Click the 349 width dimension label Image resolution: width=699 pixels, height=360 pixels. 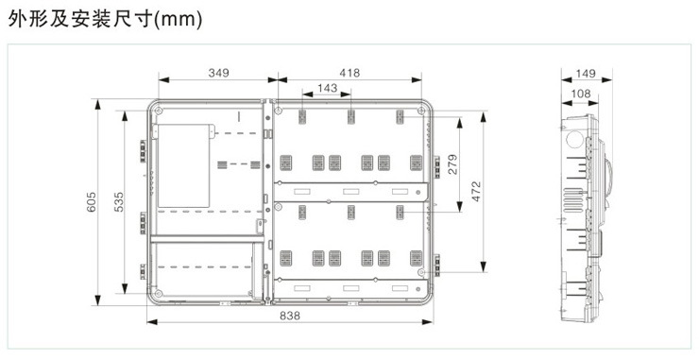pyautogui.click(x=218, y=73)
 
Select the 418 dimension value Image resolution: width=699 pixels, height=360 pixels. pyautogui.click(x=349, y=73)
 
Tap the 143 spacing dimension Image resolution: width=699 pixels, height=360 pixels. pyautogui.click(x=327, y=88)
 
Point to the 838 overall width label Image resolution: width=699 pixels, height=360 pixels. pyautogui.click(x=290, y=316)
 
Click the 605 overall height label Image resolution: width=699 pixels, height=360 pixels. pyautogui.click(x=92, y=202)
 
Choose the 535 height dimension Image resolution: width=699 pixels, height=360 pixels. pyautogui.click(x=119, y=202)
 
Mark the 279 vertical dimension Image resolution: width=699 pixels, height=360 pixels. pyautogui.click(x=452, y=164)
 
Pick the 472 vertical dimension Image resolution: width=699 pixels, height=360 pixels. pyautogui.click(x=476, y=191)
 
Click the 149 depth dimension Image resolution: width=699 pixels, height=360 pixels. pyautogui.click(x=586, y=73)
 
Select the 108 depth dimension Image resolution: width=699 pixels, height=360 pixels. pyautogui.click(x=580, y=94)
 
